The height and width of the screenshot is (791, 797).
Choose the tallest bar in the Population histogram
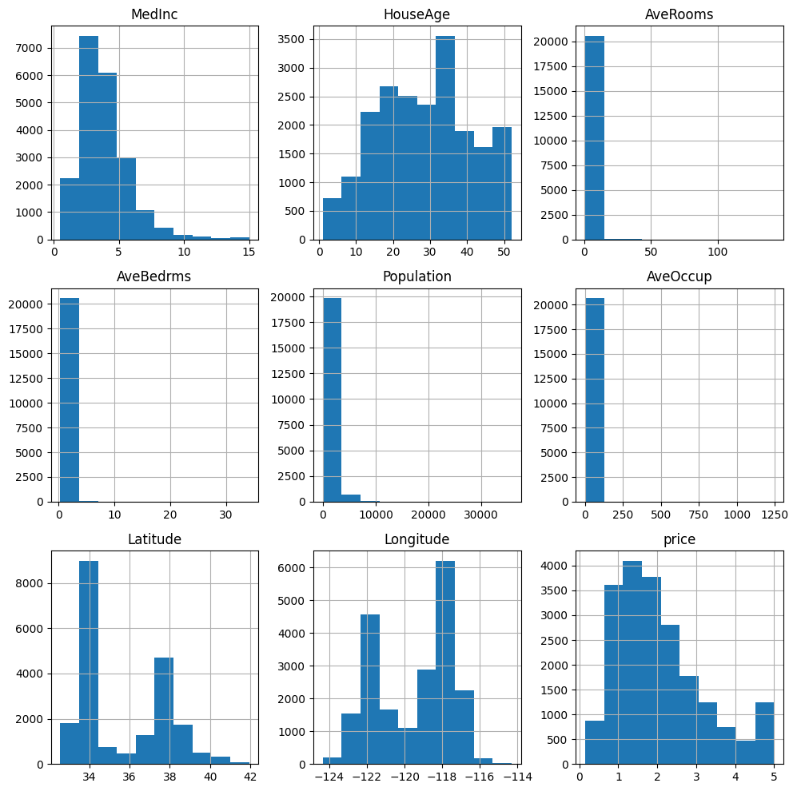pyautogui.click(x=332, y=399)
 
